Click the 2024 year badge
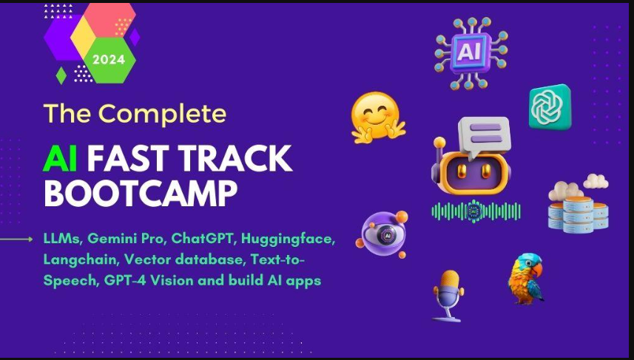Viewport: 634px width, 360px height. pos(109,58)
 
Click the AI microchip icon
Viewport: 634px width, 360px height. pos(468,51)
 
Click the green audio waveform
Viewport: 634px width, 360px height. pos(476,211)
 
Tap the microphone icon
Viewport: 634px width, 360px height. pos(447,292)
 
